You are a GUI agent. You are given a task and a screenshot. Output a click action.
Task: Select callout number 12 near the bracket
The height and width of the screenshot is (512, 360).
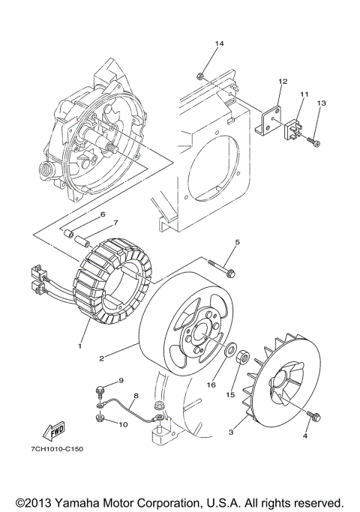tap(283, 80)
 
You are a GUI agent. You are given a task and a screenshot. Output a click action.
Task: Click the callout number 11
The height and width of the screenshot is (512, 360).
tap(304, 94)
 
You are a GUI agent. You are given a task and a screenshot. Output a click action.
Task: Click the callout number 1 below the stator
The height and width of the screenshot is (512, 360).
tap(77, 347)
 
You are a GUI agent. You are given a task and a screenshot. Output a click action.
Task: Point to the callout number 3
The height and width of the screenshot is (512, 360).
tap(231, 432)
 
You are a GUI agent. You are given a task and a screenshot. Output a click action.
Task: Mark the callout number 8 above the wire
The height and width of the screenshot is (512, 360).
tap(135, 395)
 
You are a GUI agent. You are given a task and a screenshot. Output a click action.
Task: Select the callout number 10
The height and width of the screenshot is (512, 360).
tap(122, 424)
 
